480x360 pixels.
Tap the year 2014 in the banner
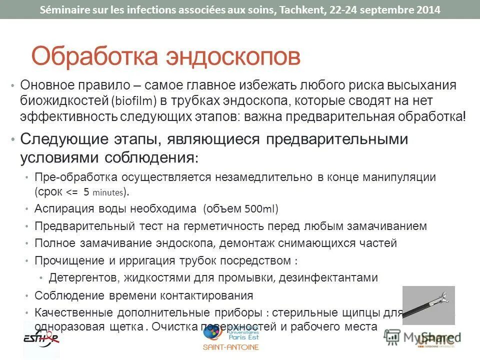point(427,9)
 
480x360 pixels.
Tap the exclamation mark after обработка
point(464,116)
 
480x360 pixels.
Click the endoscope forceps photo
point(428,304)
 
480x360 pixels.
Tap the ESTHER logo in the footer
point(41,338)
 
